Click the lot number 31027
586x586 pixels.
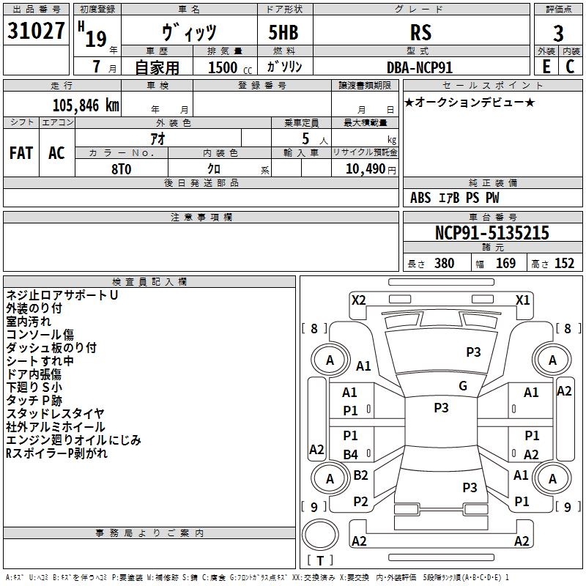36,31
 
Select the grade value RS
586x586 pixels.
420,32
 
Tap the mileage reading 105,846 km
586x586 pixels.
86,105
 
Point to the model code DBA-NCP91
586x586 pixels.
420,67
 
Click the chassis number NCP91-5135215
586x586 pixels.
492,233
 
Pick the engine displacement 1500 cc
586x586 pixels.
230,67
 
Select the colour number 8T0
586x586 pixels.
122,169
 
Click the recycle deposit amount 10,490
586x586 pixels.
366,169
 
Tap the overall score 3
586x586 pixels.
558,34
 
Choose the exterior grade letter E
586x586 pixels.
546,67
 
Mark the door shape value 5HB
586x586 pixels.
283,32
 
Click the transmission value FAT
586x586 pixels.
21,153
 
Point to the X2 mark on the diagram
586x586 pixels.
359,300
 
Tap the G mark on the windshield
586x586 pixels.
463,385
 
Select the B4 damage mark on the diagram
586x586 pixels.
351,454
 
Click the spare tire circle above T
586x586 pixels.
320,535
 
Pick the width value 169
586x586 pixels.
505,264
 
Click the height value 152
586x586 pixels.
564,264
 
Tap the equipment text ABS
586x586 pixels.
420,198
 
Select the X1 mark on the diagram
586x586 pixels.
523,300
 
